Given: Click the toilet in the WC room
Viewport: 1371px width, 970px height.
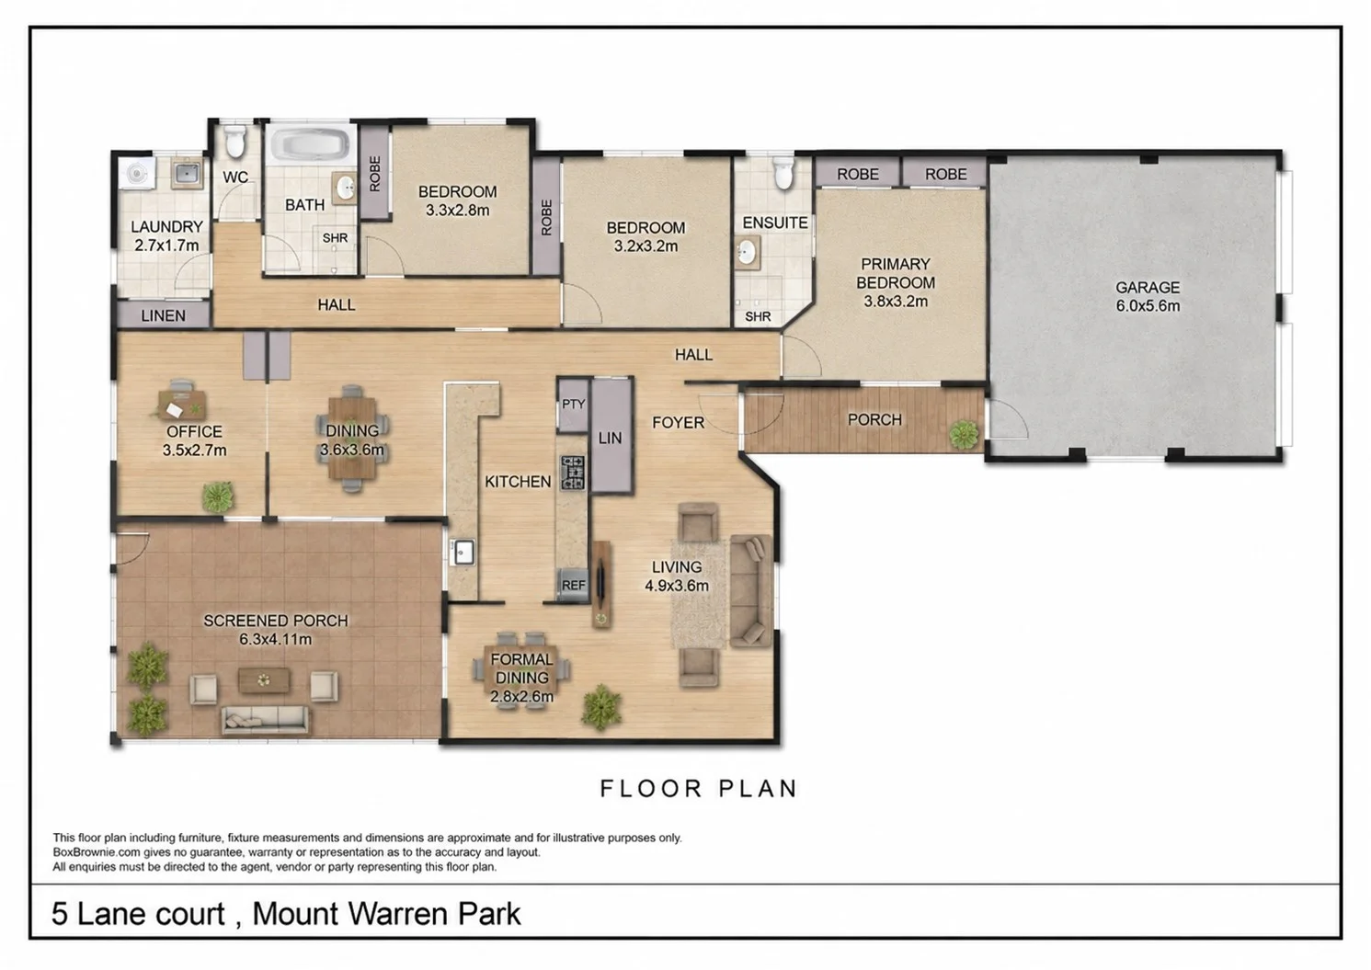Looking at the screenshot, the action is (234, 142).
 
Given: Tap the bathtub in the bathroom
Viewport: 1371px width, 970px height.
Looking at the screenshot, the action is (310, 144).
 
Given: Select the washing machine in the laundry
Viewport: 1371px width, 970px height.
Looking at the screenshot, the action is (137, 174).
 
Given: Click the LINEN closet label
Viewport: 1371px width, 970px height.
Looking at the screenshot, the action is (164, 315).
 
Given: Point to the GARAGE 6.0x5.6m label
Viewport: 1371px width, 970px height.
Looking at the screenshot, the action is (1148, 297).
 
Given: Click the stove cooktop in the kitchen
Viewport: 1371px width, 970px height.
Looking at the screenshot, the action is (572, 474).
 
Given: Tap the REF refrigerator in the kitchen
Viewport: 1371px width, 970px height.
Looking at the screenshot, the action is (573, 586).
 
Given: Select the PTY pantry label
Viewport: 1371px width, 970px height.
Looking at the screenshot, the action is (574, 405).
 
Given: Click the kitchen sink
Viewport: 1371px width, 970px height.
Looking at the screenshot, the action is (463, 553).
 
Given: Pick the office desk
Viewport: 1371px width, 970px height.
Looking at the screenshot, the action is (182, 405).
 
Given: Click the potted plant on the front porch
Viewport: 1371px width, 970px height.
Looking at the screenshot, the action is (964, 435).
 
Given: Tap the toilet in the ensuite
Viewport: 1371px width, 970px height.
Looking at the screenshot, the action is (783, 173).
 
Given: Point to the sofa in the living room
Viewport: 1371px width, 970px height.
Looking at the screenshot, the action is (751, 591).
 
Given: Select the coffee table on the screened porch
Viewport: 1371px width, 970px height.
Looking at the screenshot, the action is (264, 679).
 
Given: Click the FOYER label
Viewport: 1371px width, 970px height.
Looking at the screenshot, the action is (679, 423).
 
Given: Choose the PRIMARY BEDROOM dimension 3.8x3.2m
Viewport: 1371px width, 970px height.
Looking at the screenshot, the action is (896, 302).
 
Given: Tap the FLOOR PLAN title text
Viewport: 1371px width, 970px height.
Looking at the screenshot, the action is (699, 789).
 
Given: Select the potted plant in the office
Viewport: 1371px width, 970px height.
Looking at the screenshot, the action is (218, 496).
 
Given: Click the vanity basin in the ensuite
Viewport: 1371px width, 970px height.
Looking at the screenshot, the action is (746, 253).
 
